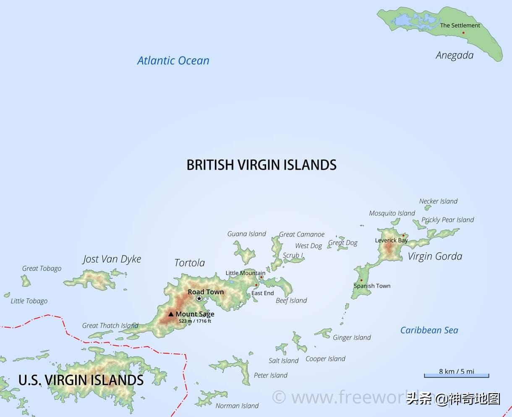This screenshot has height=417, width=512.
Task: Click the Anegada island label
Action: [455, 55]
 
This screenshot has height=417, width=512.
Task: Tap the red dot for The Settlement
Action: [463, 33]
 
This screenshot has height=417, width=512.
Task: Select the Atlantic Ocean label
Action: [173, 60]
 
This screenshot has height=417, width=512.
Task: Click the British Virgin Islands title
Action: [261, 165]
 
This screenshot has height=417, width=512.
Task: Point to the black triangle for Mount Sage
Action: [171, 314]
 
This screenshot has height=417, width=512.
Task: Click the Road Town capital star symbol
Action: [199, 298]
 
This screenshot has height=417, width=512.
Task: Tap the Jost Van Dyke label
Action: [112, 259]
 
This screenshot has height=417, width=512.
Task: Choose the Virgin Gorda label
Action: [435, 256]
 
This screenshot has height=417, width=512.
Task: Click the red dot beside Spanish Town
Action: [361, 280]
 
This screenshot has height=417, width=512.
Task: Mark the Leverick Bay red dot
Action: [403, 236]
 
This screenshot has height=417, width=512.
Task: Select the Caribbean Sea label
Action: [429, 330]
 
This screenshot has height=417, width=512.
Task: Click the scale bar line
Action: [457, 376]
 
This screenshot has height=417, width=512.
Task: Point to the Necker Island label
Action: [438, 201]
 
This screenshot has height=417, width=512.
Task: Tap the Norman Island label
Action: [237, 406]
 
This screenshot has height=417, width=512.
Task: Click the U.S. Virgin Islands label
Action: [81, 380]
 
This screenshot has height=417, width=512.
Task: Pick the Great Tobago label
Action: [42, 269]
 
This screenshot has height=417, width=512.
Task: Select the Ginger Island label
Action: [352, 337]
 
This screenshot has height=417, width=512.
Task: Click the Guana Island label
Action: [247, 234]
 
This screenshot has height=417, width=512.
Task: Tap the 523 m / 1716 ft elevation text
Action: [195, 321]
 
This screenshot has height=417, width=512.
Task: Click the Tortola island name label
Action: [190, 263]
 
